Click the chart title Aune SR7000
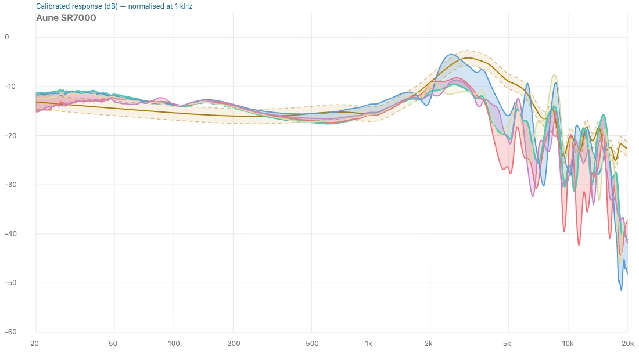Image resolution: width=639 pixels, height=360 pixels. (66, 18)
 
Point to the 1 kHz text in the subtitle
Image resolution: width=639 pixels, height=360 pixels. (184, 6)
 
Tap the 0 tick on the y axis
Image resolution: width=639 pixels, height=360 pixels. (6, 37)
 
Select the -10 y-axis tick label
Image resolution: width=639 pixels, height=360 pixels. (10, 87)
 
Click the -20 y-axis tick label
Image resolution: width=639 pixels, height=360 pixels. (10, 136)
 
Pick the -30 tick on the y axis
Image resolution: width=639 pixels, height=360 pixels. (10, 185)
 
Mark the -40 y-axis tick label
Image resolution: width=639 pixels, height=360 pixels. (10, 234)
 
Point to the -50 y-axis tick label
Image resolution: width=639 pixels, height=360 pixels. (10, 283)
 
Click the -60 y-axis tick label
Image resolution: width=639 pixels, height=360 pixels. (10, 332)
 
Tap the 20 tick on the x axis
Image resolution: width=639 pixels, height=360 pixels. (35, 344)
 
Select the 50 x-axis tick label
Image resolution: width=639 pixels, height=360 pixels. (113, 344)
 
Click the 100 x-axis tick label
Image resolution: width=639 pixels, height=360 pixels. (174, 344)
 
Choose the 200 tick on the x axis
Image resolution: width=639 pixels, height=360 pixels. (234, 344)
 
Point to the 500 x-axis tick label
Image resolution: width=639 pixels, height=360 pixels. (312, 344)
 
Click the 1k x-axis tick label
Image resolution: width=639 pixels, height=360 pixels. (368, 344)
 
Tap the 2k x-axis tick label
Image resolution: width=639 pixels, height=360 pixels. (428, 344)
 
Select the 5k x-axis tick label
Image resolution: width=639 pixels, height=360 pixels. (507, 344)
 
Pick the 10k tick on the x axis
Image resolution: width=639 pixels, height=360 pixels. (568, 344)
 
